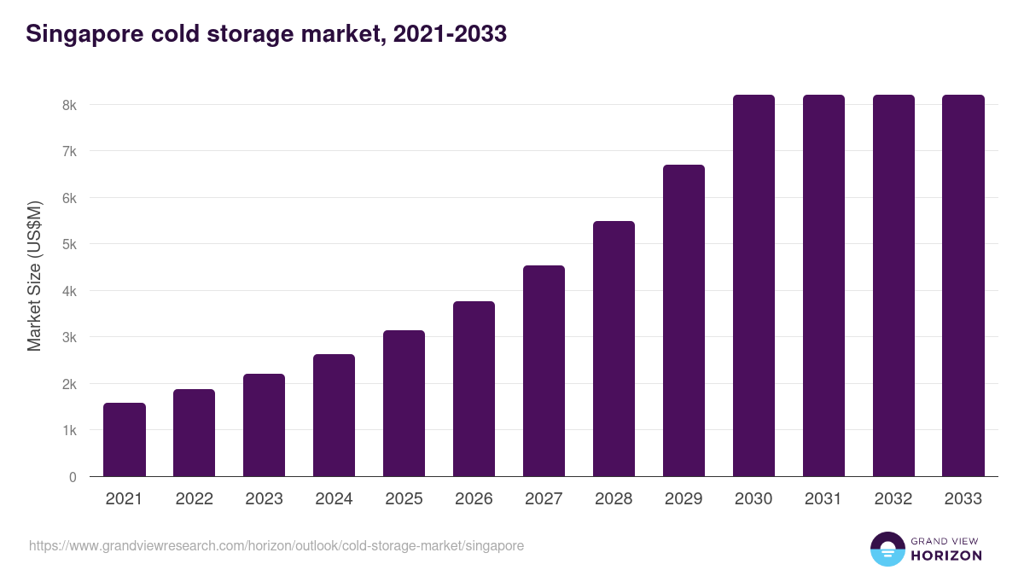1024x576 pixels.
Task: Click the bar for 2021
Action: (x=125, y=439)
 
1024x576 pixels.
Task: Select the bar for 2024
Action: (x=334, y=416)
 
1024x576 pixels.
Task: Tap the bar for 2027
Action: (x=544, y=371)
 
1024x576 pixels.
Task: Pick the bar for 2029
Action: (x=684, y=321)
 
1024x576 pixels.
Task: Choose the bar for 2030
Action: (x=753, y=286)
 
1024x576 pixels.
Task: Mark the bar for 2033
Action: (x=963, y=286)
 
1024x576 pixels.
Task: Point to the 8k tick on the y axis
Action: (x=69, y=105)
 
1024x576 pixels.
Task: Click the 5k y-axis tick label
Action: (x=69, y=244)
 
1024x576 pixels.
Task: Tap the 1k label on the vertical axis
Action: (x=69, y=431)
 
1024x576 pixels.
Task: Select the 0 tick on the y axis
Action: (x=73, y=477)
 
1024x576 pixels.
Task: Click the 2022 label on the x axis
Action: (x=194, y=499)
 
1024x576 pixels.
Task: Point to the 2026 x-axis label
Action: (x=474, y=499)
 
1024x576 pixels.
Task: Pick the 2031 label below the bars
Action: (x=823, y=499)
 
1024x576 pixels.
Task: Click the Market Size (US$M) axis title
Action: (x=34, y=276)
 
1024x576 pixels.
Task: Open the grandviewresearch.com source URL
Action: (x=276, y=545)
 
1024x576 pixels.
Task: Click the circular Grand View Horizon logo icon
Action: (x=887, y=549)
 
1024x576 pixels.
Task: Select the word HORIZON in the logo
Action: (x=945, y=556)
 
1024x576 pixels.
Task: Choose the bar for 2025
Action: (x=404, y=404)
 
